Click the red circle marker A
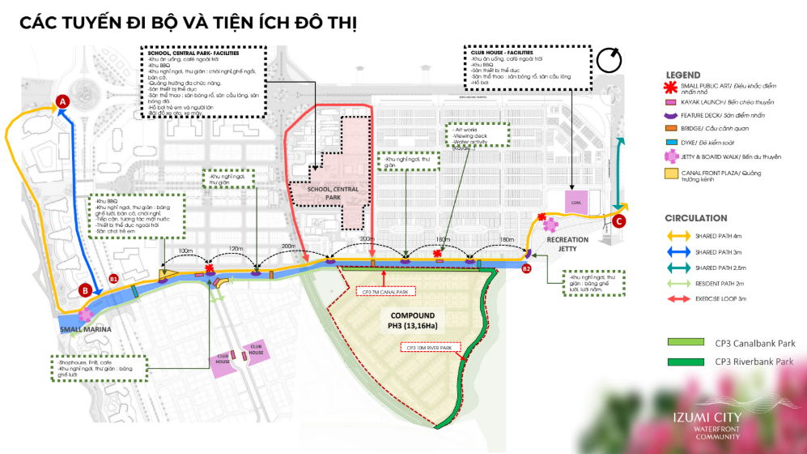tap(62, 101)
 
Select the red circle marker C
tap(619, 221)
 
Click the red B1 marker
tap(113, 279)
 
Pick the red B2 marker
tap(526, 268)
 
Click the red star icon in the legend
tap(669, 88)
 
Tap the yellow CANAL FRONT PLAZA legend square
tap(670, 173)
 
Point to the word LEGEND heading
tap(682, 75)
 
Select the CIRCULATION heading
tap(696, 218)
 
